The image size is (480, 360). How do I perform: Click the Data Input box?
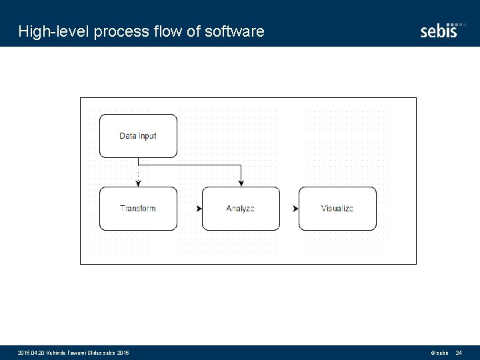138,136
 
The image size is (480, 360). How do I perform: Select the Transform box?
138,209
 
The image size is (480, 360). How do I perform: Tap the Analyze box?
240,209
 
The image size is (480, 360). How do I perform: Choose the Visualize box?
337,209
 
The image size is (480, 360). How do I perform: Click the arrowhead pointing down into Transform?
138,183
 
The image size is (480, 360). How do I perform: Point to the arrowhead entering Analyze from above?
241,183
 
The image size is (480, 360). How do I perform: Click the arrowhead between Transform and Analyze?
199,209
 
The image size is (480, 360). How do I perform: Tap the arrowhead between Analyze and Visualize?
295,209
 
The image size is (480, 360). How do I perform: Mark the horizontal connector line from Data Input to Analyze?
190,164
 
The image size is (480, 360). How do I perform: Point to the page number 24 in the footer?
459,352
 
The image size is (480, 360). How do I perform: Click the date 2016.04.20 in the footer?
31,352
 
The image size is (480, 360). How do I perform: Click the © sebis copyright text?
439,352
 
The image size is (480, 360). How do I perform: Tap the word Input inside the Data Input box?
148,136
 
